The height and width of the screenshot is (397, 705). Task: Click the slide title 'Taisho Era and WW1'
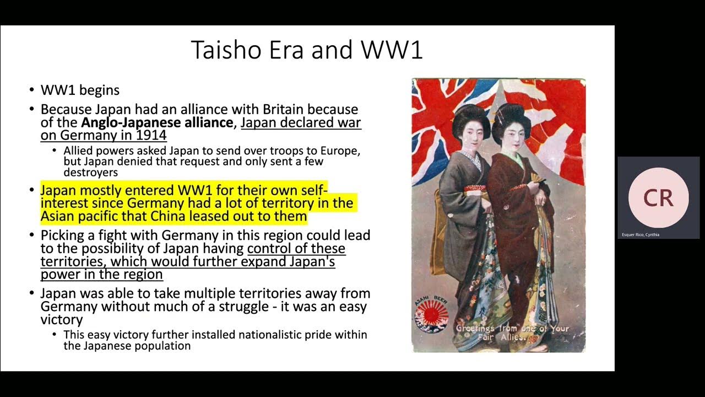pyautogui.click(x=307, y=50)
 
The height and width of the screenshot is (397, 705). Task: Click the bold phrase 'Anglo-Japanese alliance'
pyautogui.click(x=156, y=122)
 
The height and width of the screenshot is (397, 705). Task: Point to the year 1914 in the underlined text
pyautogui.click(x=151, y=135)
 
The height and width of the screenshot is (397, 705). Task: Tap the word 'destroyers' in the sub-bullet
pyautogui.click(x=86, y=173)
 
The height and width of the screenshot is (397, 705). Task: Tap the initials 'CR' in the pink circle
pyautogui.click(x=658, y=197)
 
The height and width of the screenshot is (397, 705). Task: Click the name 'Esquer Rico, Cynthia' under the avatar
pyautogui.click(x=641, y=235)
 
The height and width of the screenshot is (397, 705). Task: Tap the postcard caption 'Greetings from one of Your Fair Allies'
pyautogui.click(x=512, y=332)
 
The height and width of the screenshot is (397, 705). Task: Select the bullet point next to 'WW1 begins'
pyautogui.click(x=32, y=90)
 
